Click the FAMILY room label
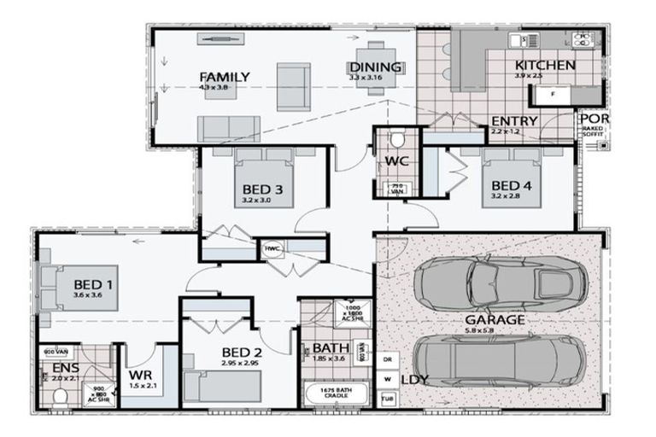pos(224,78)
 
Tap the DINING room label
pos(375,67)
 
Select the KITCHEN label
pos(545,65)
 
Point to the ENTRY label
pos(514,121)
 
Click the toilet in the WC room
pos(397,138)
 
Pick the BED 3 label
pos(256,189)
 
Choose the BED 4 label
pos(512,185)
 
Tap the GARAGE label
pos(507,319)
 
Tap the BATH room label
pos(329,348)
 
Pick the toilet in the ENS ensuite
pos(59,397)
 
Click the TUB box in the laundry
pos(388,398)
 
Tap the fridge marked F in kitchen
pos(554,93)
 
